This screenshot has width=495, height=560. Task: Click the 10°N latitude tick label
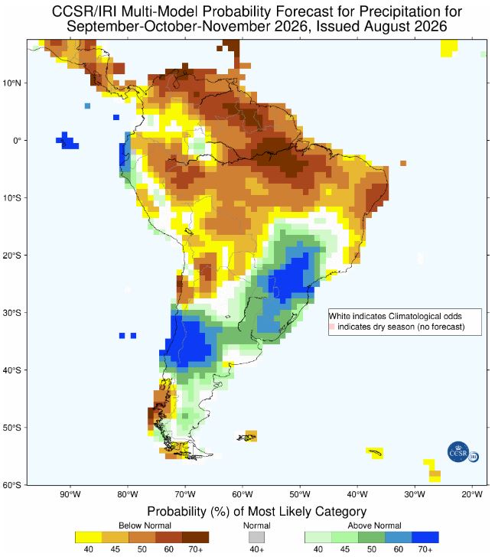12,83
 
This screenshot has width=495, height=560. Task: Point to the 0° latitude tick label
17,141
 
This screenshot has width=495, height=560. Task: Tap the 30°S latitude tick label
12,313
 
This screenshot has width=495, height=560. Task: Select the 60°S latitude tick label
12,485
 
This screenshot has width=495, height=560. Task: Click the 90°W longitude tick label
70,495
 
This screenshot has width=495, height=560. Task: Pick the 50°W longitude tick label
300,495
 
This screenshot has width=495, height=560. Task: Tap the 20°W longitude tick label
472,495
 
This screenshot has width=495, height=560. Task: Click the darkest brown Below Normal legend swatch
195,537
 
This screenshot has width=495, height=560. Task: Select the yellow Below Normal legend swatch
89,537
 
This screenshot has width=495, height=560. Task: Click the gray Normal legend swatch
257,537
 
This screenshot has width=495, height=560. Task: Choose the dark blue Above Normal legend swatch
425,537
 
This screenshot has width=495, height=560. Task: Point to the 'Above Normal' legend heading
374,526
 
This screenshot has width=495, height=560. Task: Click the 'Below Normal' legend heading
145,526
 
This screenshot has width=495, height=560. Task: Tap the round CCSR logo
458,452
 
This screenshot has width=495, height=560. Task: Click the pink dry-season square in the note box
332,327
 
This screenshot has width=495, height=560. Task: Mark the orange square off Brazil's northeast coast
403,163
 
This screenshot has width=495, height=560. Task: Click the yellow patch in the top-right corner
448,47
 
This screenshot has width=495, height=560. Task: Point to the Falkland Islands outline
247,437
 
